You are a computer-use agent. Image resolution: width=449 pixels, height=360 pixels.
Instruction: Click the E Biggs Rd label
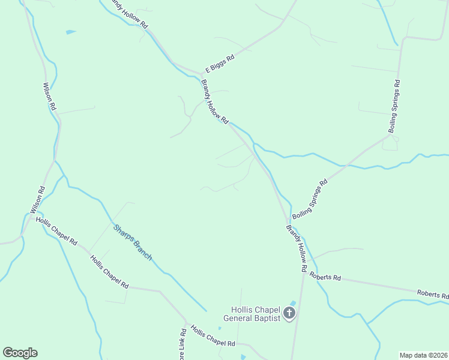point(219,61)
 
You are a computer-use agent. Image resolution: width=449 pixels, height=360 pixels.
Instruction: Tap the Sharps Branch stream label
point(133,241)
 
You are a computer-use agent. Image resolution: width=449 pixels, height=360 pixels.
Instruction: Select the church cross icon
point(289,313)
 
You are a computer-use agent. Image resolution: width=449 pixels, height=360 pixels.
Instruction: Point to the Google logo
point(20,353)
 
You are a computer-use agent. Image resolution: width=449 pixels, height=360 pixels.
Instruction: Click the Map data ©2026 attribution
point(423,355)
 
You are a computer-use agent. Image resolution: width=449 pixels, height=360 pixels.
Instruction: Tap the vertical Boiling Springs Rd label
point(394,106)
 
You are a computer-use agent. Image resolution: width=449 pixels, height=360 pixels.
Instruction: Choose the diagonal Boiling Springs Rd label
point(310,199)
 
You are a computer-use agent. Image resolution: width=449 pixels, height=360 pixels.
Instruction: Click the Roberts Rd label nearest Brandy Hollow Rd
point(325,278)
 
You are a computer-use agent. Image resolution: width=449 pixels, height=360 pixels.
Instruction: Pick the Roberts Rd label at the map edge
point(433,294)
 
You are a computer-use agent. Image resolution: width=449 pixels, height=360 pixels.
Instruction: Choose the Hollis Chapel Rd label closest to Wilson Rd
point(56,232)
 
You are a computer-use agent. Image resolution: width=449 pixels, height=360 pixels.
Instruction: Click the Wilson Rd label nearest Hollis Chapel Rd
point(37,200)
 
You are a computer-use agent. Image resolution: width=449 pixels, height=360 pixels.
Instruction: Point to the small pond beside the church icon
point(293,302)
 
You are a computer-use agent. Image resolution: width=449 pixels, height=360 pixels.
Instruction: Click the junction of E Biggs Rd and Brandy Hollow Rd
point(201,74)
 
